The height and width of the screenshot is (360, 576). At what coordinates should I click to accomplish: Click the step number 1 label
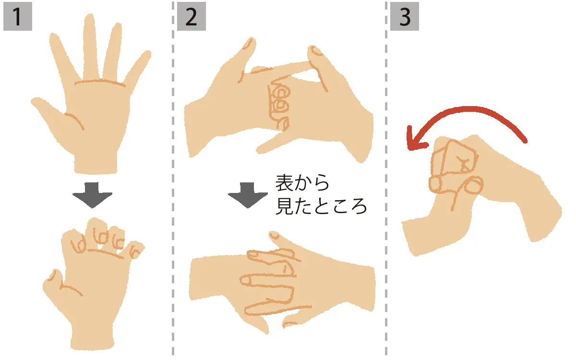click(17, 18)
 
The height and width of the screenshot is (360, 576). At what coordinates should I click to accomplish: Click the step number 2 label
click(191, 18)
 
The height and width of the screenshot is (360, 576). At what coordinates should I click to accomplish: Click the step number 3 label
click(404, 18)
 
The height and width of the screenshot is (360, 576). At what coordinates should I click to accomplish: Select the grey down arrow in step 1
click(92, 193)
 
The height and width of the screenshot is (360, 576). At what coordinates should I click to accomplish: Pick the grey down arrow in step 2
click(248, 193)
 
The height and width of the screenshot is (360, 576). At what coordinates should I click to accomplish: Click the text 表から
click(303, 183)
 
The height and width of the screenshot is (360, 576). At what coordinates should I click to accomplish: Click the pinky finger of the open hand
click(139, 67)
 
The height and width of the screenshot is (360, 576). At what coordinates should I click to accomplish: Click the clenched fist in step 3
click(454, 166)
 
